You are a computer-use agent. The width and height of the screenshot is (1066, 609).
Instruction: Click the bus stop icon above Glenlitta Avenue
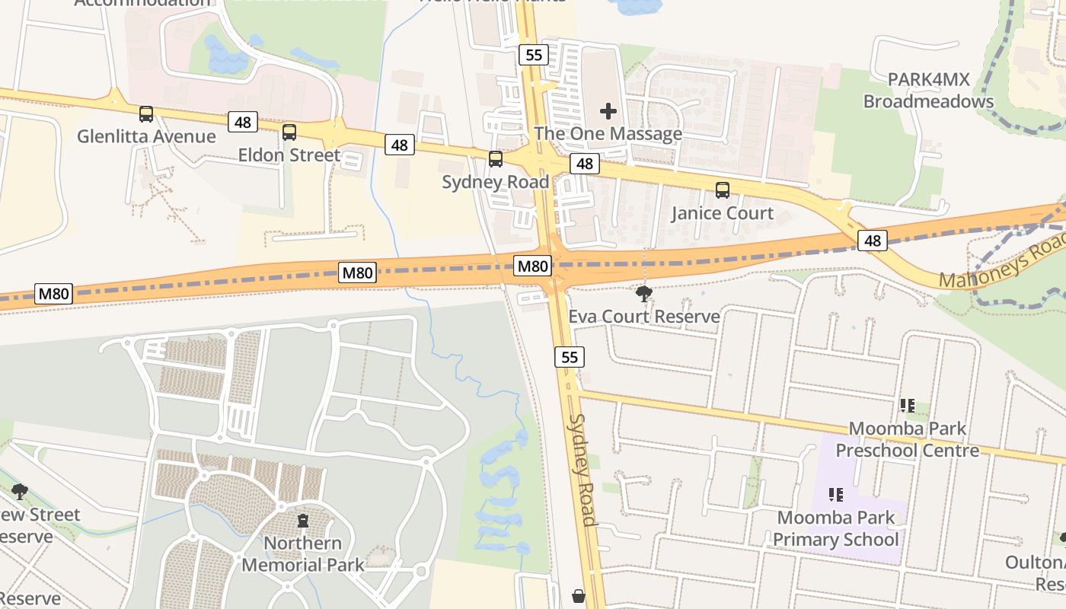[x=146, y=114]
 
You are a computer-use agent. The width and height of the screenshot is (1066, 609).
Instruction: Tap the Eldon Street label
[x=289, y=155]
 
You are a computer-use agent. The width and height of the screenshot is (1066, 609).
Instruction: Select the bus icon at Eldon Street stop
[x=289, y=132]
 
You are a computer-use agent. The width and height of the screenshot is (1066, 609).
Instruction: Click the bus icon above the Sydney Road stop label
[x=496, y=159]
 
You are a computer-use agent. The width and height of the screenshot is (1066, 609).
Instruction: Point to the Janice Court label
[x=722, y=213]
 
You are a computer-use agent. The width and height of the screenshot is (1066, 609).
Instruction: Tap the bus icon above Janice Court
[x=722, y=190]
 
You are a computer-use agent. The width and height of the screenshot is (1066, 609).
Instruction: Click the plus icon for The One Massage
[x=608, y=112]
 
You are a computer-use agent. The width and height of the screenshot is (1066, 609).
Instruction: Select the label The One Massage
[x=608, y=134]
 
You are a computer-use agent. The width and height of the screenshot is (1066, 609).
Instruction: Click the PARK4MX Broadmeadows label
[x=928, y=91]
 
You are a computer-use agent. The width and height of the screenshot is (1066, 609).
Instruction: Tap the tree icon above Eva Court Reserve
[x=644, y=293]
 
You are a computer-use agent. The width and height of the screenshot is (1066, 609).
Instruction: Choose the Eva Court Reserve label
[x=644, y=317]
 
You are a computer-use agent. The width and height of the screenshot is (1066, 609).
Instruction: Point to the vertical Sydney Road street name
[x=582, y=470]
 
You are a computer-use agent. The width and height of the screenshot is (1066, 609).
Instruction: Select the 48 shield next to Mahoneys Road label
[x=873, y=241]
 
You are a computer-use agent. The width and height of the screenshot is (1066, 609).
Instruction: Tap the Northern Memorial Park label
[x=303, y=553]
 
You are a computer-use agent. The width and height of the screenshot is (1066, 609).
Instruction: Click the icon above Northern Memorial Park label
[x=303, y=521]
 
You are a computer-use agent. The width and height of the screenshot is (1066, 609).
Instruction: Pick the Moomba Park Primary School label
[x=836, y=529]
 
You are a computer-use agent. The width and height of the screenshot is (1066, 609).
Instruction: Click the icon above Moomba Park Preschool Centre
[x=907, y=406]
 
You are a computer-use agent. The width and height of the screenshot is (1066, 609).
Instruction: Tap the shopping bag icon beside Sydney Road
[x=579, y=595]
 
